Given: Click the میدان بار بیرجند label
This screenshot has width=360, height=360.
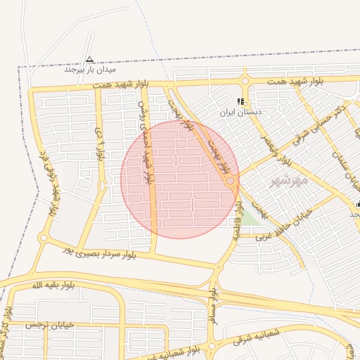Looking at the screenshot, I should tap(90, 70).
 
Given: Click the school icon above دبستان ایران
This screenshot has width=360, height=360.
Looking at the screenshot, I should tap(241, 101).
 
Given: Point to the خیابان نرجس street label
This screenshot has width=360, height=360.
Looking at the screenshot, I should tap(44, 326).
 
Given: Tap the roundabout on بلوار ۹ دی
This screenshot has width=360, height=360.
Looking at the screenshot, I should tap(102, 186).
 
